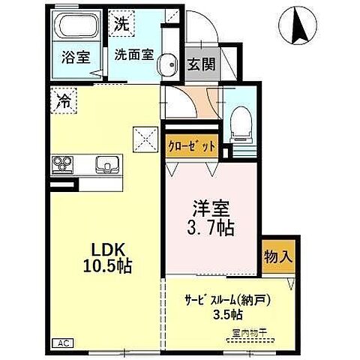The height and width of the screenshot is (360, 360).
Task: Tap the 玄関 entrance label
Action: click(x=202, y=64)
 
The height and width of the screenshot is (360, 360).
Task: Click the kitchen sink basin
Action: click(x=106, y=163)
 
